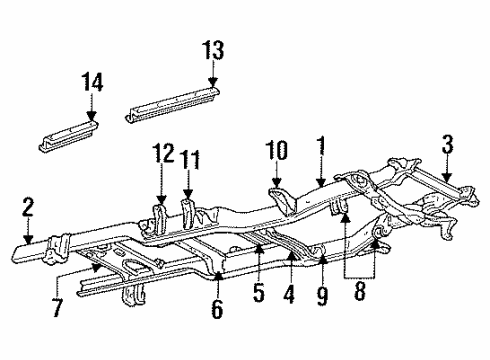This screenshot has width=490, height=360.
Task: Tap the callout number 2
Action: (x=28, y=207)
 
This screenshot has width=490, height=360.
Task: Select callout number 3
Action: (x=446, y=150)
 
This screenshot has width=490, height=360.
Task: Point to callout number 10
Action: (x=277, y=150)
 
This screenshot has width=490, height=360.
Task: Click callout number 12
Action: (x=163, y=155)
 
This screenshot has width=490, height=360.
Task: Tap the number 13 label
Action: (x=212, y=50)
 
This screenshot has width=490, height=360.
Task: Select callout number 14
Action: (x=92, y=83)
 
